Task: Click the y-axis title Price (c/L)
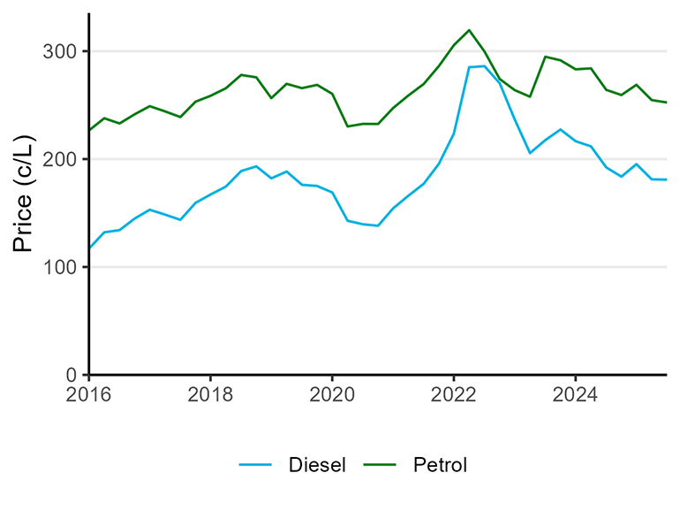pyautogui.click(x=25, y=194)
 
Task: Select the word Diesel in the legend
pyautogui.click(x=317, y=464)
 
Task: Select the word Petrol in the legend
pyautogui.click(x=440, y=464)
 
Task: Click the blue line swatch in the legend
pyautogui.click(x=256, y=464)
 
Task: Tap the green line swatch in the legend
pyautogui.click(x=381, y=464)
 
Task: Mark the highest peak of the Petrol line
pyautogui.click(x=469, y=30)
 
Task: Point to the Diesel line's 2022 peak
pyautogui.click(x=483, y=66)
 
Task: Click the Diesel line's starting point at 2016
pyautogui.click(x=89, y=248)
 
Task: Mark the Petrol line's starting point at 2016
pyautogui.click(x=89, y=130)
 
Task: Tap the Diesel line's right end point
pyautogui.click(x=666, y=180)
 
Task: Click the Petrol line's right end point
pyautogui.click(x=666, y=103)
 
